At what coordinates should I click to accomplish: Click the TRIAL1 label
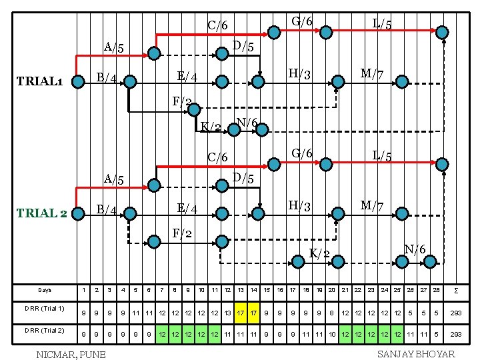40,82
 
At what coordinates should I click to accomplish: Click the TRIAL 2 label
41,213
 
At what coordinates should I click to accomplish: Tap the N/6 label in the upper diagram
247,123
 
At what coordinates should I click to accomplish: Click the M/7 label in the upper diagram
371,73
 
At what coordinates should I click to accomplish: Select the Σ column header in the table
455,291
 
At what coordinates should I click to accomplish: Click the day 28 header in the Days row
435,291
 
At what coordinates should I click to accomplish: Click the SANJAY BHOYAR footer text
415,353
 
